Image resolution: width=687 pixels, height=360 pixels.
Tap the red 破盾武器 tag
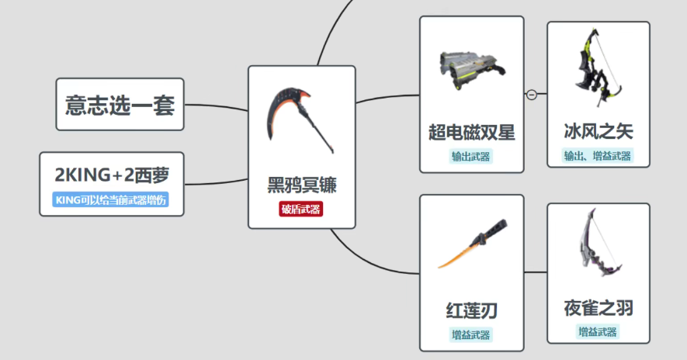pyautogui.click(x=301, y=209)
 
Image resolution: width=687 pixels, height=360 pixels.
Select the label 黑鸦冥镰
pyautogui.click(x=302, y=185)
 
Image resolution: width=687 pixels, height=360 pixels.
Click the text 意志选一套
pyautogui.click(x=120, y=105)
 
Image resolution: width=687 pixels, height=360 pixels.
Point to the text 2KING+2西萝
pyautogui.click(x=112, y=175)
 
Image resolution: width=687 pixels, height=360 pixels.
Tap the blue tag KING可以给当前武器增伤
pyautogui.click(x=111, y=200)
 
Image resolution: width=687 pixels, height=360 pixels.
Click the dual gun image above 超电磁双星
pyautogui.click(x=471, y=70)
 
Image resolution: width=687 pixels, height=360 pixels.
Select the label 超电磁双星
pyautogui.click(x=472, y=132)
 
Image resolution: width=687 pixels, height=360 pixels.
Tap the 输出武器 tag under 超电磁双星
pyautogui.click(x=471, y=157)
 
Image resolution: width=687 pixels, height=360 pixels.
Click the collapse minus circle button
pyautogui.click(x=532, y=94)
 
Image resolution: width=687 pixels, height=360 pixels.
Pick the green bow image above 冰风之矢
pyautogui.click(x=598, y=67)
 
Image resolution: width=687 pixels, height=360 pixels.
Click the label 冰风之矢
pyautogui.click(x=599, y=131)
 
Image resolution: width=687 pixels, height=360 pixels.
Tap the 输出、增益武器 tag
pyautogui.click(x=598, y=156)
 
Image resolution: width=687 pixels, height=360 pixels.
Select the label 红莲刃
pyautogui.click(x=471, y=310)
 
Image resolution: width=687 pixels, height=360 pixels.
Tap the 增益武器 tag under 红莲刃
pyautogui.click(x=471, y=335)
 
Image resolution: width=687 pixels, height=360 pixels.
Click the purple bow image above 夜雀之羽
pyautogui.click(x=600, y=243)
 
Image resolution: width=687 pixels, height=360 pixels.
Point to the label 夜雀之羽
pyautogui.click(x=599, y=308)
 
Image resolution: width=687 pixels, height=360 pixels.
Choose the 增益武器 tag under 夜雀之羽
pyautogui.click(x=598, y=332)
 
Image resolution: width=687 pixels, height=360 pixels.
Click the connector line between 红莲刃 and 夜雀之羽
pyautogui.click(x=536, y=272)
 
